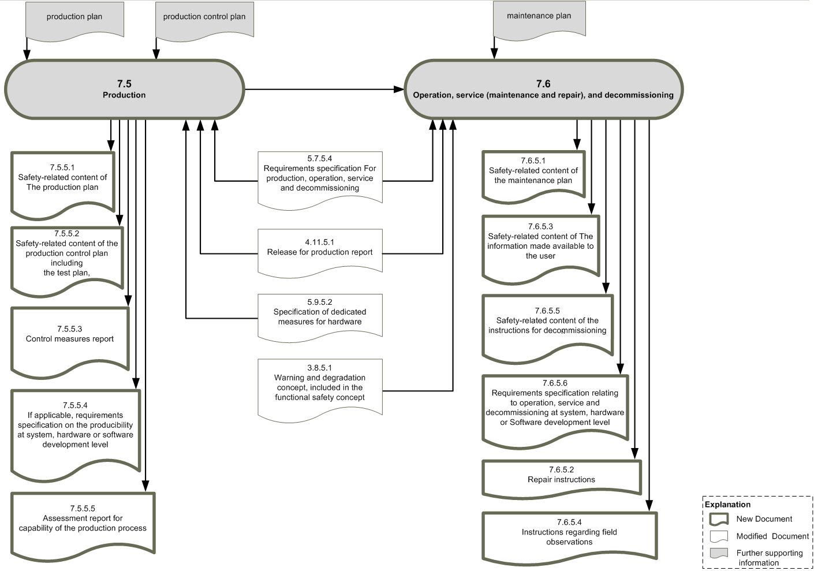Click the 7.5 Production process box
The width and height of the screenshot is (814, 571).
[124, 89]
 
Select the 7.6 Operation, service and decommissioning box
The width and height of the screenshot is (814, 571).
[544, 89]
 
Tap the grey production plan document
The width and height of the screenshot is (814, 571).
[74, 21]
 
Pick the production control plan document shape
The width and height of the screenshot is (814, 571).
[204, 21]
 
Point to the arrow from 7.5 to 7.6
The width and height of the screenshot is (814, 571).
[324, 89]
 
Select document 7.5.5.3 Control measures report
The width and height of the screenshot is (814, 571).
[70, 342]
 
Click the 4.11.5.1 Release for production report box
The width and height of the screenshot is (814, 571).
[320, 253]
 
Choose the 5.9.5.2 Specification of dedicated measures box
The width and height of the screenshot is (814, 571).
[320, 318]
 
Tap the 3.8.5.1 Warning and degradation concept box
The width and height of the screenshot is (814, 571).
[320, 390]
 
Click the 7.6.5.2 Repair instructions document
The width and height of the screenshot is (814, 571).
[562, 478]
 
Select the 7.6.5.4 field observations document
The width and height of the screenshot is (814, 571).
[570, 538]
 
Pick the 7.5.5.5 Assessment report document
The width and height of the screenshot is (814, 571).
[83, 525]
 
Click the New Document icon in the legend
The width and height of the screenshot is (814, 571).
[719, 520]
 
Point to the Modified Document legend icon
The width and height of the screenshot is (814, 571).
[719, 536]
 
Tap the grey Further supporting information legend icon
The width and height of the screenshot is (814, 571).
[719, 553]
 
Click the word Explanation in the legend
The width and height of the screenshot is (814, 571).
[727, 505]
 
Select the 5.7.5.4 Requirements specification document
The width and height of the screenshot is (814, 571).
[320, 180]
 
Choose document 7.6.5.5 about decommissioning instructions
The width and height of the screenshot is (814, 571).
[548, 328]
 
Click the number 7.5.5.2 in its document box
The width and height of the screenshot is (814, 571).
[67, 233]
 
